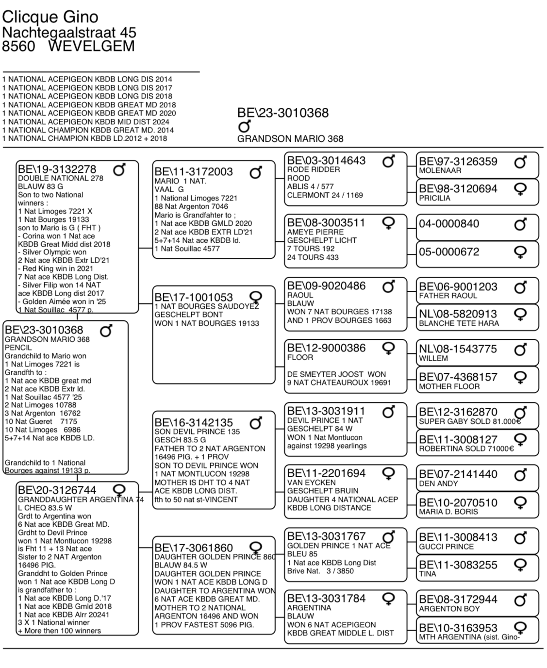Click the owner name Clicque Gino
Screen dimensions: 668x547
[50, 17]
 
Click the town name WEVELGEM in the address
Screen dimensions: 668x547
[92, 47]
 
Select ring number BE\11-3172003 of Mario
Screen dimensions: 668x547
[194, 172]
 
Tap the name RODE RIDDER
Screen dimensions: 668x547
[314, 170]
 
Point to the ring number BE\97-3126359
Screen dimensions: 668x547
[458, 162]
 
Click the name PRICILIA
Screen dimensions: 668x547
[434, 198]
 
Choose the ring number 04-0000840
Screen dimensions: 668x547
[449, 224]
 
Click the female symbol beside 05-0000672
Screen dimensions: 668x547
[520, 252]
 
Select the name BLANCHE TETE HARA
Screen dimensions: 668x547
[459, 323]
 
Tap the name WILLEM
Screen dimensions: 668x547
[433, 358]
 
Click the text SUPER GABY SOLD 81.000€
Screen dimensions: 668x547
[470, 421]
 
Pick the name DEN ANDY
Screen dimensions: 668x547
[438, 484]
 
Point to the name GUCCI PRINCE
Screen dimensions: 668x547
[446, 547]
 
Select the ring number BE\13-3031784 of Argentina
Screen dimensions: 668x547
[326, 599]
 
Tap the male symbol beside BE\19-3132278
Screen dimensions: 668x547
[119, 170]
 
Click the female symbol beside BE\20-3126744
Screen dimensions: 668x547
[118, 489]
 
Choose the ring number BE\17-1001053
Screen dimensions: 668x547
[194, 298]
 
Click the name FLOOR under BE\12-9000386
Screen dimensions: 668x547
[300, 357]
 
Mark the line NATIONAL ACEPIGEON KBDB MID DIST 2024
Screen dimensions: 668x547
[89, 122]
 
